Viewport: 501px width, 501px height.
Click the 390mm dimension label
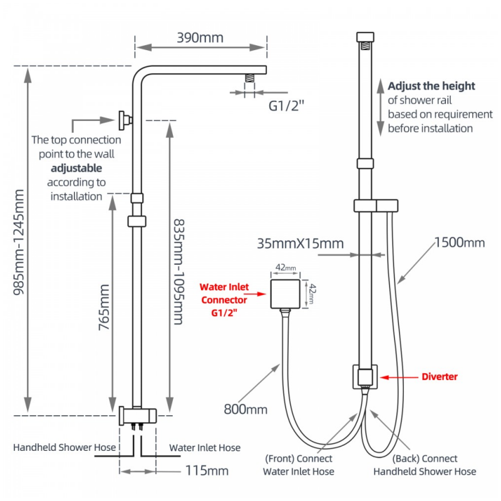tap(200, 38)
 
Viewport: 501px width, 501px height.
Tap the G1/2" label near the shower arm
tap(286, 106)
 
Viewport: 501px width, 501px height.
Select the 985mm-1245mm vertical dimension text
tap(19, 242)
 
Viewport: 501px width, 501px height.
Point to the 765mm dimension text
tap(104, 307)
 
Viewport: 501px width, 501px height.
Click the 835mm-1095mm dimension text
tap(179, 272)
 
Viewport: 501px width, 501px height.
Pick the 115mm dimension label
tap(207, 471)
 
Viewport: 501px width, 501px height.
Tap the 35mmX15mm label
tap(301, 244)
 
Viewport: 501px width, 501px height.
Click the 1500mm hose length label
tap(460, 242)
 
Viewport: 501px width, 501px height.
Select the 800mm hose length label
tap(245, 410)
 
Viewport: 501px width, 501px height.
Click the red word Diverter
tap(440, 377)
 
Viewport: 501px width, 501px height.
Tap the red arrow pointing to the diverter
tap(399, 378)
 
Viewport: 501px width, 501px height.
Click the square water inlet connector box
tap(286, 294)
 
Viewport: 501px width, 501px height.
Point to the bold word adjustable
tap(76, 168)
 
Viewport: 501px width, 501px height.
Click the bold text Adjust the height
tap(431, 86)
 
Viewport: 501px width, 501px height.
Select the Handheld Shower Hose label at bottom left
tap(65, 447)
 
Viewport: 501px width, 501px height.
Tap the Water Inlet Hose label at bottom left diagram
tap(205, 448)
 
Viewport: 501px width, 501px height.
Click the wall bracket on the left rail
tap(125, 120)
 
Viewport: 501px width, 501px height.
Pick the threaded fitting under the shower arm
tap(250, 78)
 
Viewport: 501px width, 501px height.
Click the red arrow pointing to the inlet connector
tap(255, 294)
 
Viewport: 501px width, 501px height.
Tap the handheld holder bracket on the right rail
tap(376, 206)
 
